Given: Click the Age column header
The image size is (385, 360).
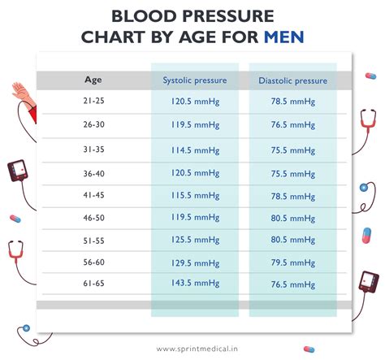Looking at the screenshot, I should click(93, 80).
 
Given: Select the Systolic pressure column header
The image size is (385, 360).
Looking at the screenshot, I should click(195, 80).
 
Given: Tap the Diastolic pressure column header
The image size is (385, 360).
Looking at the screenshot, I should click(293, 80).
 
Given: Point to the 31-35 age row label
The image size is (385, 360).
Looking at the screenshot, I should click(93, 150).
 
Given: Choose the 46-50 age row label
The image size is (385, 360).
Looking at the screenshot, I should click(93, 218).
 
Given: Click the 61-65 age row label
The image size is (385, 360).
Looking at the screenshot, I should click(93, 284).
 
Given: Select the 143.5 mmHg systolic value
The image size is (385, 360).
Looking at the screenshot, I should click(195, 284).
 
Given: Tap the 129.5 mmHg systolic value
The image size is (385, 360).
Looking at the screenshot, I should click(195, 262).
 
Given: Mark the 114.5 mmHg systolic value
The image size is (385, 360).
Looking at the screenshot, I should click(195, 150).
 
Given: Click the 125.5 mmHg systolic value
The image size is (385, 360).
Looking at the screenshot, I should click(195, 241).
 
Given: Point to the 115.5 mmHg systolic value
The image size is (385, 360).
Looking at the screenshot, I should click(195, 196).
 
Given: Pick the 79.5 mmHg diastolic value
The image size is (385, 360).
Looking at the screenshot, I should click(293, 262).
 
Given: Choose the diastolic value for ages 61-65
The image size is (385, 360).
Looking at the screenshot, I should click(293, 284).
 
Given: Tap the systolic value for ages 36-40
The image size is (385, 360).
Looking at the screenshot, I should click(195, 173).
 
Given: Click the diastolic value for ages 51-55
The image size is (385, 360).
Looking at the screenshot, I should click(293, 241).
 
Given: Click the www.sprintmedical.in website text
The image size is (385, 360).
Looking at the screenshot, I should click(192, 344).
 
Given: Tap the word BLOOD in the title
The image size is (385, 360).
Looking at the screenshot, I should click(141, 16).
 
